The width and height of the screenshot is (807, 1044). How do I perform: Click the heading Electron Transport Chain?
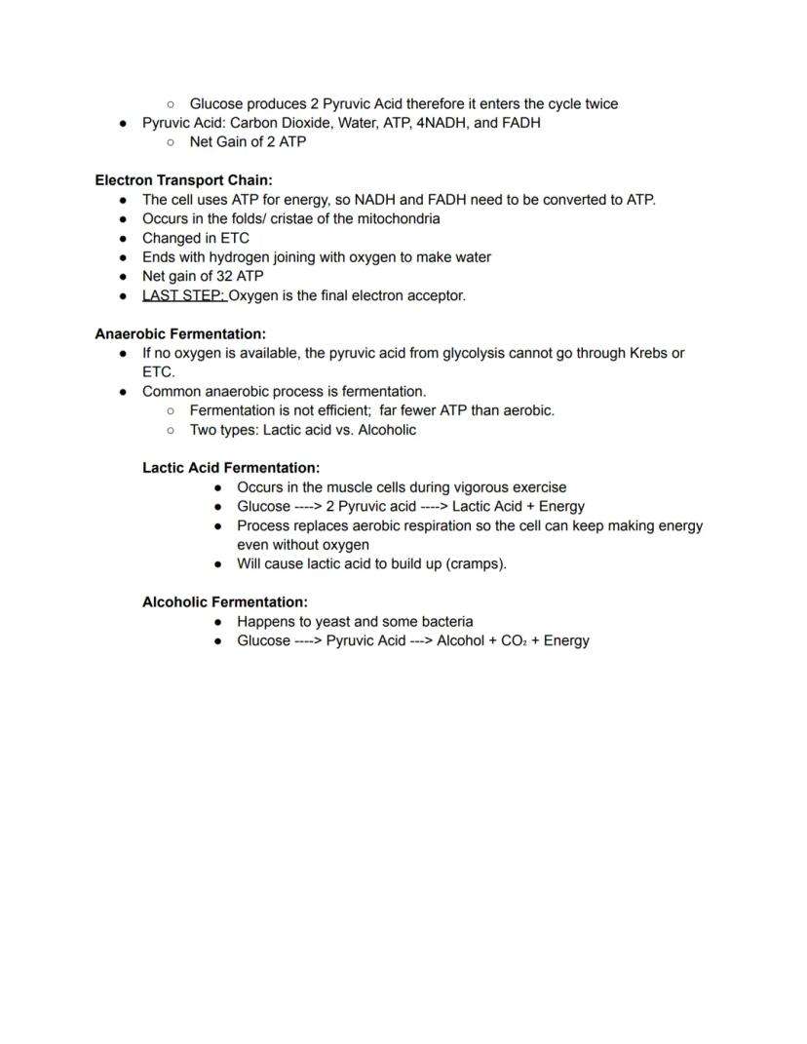[x=183, y=180]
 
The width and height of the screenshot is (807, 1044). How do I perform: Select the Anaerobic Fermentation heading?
[x=180, y=333]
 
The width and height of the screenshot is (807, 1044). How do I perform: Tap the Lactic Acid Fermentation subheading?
[x=231, y=468]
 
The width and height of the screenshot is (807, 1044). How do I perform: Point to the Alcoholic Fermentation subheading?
[x=225, y=602]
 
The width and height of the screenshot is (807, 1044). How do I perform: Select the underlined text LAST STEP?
[x=184, y=295]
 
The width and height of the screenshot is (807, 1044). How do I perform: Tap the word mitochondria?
[x=395, y=218]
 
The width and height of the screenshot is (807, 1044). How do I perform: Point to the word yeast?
[x=333, y=622]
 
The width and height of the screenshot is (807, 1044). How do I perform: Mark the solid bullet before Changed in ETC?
[x=124, y=238]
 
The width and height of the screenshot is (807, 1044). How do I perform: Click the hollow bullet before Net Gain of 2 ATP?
[x=171, y=142]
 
